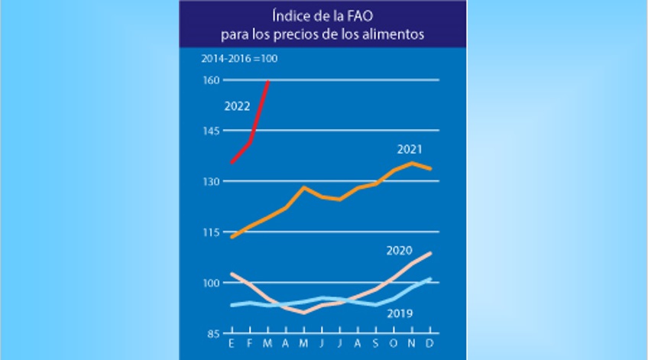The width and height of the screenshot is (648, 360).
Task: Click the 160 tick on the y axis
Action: (211, 80)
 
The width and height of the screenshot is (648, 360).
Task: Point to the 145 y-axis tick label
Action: (211, 131)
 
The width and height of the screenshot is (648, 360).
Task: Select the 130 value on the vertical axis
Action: (211, 181)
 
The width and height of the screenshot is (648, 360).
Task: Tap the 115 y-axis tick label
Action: (211, 232)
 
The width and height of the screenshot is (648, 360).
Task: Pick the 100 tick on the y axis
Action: (211, 283)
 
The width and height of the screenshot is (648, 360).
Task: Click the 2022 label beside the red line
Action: (237, 106)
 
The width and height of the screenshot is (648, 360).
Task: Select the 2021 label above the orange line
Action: (410, 148)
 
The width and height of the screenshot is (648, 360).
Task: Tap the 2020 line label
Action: (399, 250)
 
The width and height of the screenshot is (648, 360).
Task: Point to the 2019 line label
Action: (400, 313)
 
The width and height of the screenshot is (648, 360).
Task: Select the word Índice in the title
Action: (290, 15)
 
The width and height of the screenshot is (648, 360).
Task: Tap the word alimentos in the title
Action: (397, 34)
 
